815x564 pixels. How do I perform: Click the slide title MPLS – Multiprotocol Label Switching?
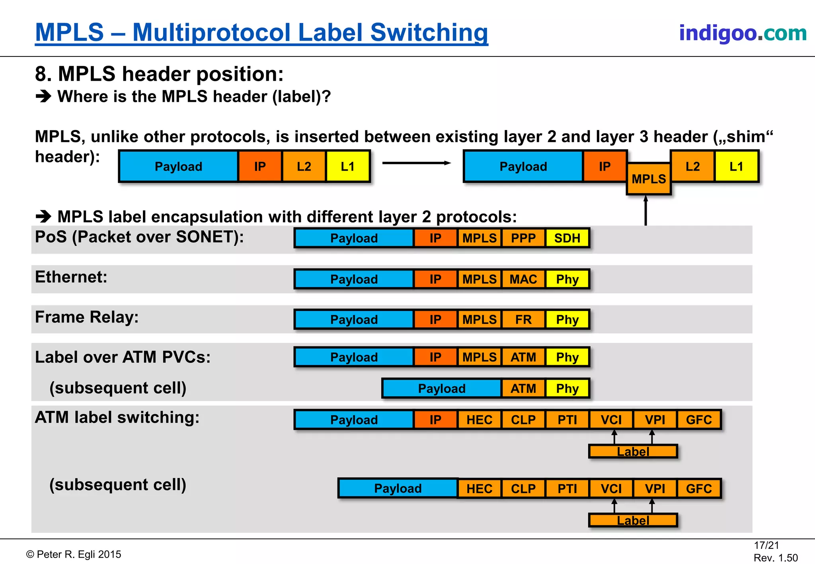pos(261,33)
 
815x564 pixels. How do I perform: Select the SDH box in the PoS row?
pos(567,238)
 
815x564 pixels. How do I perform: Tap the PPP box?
pos(523,238)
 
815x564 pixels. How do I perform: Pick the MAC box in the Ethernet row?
pos(523,279)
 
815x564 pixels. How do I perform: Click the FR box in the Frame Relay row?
pos(523,319)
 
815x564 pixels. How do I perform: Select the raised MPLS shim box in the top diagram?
pos(649,179)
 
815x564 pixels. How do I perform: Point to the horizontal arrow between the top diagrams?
pos(416,163)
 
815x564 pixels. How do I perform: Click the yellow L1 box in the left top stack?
pos(347,166)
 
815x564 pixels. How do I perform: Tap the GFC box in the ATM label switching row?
pos(699,420)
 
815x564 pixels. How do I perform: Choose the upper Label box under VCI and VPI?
pos(633,451)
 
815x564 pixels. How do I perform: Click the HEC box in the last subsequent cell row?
pos(479,488)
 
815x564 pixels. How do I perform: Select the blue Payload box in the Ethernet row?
pos(354,279)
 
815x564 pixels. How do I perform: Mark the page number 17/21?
pos(766,545)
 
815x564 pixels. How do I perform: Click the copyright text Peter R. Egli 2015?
pos(74,554)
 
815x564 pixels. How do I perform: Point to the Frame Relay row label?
pos(87,317)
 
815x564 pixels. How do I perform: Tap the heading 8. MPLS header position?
pos(159,74)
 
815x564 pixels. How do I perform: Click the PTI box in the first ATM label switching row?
pos(567,420)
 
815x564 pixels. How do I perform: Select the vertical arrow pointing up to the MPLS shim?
pos(645,211)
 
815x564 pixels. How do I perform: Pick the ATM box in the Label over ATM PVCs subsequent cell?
pos(523,388)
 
